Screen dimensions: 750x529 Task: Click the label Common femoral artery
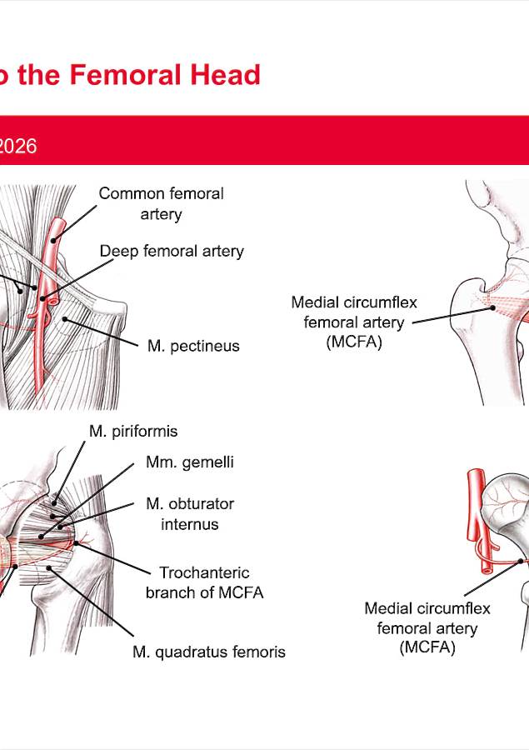pos(161,203)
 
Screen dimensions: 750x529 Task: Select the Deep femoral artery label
pos(172,251)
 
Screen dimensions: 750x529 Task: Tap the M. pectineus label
pos(193,346)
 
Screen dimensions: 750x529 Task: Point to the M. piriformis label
pos(133,432)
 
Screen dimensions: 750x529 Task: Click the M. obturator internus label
pos(190,513)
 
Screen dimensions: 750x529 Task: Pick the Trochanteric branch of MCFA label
pos(204,582)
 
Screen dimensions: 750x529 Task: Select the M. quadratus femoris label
pos(209,652)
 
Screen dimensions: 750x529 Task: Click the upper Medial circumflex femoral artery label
pos(354,322)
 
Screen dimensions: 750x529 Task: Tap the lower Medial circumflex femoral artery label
pos(427,627)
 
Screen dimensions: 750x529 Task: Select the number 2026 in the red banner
pos(18,146)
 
